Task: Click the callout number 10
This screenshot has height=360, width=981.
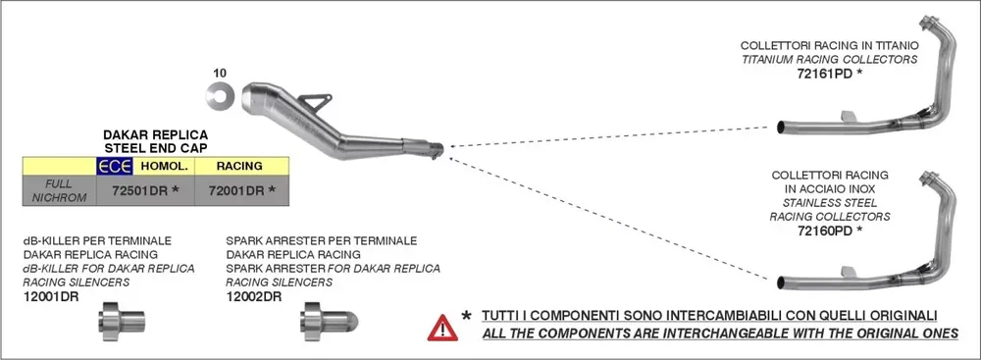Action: tap(220, 73)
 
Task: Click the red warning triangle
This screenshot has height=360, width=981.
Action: tap(442, 327)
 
